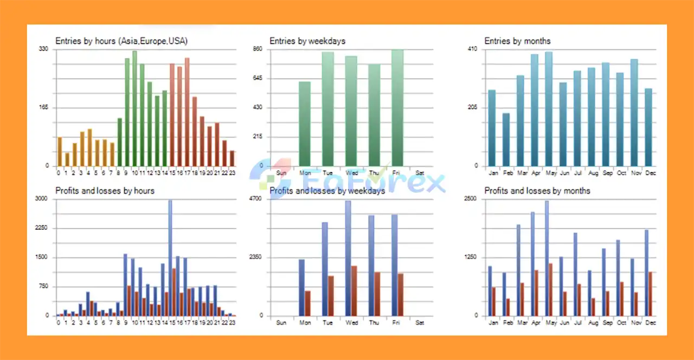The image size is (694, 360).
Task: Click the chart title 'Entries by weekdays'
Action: point(307,41)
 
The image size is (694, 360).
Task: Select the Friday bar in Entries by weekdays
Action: point(397,108)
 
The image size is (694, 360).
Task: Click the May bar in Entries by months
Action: point(549,108)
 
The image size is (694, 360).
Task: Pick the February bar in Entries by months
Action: point(506,139)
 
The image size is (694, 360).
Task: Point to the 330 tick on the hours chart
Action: point(43,49)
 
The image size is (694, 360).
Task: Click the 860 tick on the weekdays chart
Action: point(258,49)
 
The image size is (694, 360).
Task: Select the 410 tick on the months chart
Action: point(472,49)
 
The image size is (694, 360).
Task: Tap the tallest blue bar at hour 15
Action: point(170,258)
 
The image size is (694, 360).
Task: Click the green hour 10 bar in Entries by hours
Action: point(134,108)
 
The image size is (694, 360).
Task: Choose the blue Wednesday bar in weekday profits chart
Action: point(348,258)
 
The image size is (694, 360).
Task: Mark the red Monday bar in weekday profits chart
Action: point(307,303)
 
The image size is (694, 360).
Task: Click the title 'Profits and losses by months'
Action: point(537,191)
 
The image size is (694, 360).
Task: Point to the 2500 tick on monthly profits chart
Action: point(471,199)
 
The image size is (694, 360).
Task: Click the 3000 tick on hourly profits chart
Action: point(41,199)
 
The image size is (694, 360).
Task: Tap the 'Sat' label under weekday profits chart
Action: point(420,323)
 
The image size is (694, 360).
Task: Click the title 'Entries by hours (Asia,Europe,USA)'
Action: point(121,41)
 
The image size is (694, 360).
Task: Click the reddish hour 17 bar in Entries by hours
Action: point(187,112)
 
